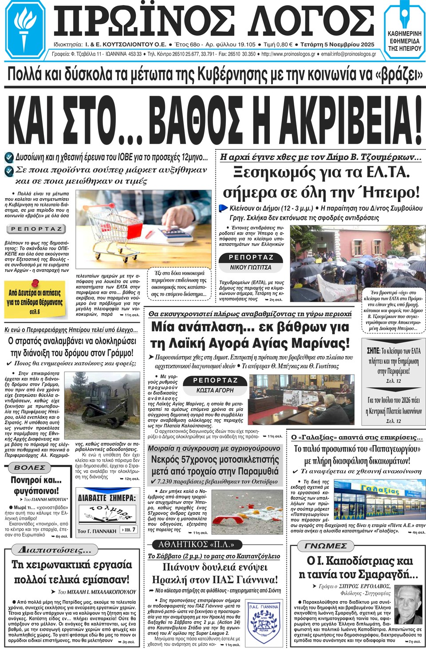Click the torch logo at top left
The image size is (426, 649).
click(24, 29)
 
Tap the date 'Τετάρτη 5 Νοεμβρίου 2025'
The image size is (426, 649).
click(337, 44)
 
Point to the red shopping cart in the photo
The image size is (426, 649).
click(111, 222)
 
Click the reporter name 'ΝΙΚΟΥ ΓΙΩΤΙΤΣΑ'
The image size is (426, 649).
click(250, 268)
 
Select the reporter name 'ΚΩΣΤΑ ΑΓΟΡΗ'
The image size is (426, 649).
click(215, 390)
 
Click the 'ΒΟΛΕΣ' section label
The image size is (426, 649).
click(30, 468)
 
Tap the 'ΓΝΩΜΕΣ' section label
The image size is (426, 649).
click(326, 546)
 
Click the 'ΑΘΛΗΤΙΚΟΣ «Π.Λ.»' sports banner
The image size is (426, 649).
click(196, 545)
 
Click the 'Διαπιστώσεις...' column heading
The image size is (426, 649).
click(54, 550)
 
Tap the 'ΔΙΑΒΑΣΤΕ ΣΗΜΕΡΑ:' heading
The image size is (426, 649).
click(106, 498)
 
